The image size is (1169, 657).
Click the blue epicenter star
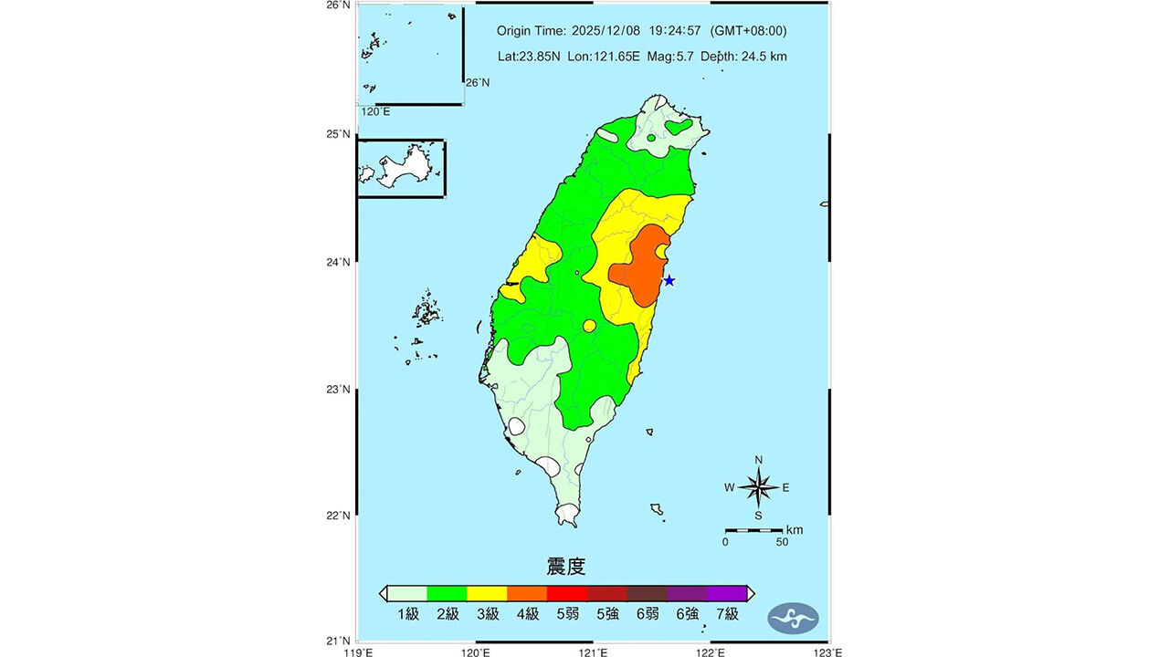(669, 281)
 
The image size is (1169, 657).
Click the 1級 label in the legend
(407, 614)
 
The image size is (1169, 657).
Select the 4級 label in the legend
(527, 614)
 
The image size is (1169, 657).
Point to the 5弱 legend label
(567, 614)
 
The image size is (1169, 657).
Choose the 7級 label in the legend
(727, 614)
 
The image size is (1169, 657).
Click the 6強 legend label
(687, 614)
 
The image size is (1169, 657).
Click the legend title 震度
(565, 567)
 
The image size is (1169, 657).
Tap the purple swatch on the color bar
(727, 593)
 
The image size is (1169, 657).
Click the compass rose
(758, 487)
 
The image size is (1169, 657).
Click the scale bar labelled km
(753, 530)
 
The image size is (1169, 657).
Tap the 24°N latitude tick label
(339, 263)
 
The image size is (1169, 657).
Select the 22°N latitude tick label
(339, 516)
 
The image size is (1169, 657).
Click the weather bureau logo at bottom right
(792, 618)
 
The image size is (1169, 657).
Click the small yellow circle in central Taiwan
(589, 326)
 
